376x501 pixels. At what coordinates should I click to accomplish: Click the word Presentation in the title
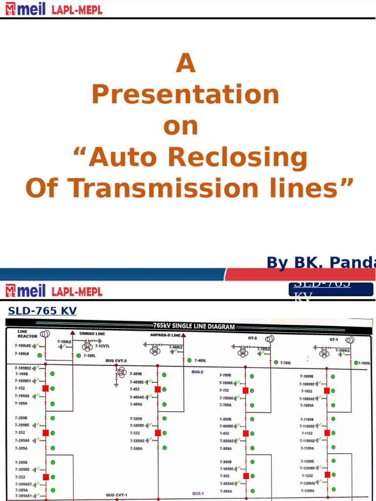(x=186, y=95)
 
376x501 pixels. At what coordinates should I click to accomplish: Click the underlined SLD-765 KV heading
(x=43, y=310)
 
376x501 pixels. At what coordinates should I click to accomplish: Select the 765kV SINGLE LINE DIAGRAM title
(x=194, y=326)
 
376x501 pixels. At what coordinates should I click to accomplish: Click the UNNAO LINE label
(x=92, y=334)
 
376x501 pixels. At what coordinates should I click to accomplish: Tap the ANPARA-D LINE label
(x=165, y=335)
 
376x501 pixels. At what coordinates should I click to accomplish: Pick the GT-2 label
(x=253, y=338)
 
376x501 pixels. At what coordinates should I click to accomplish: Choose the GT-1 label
(x=333, y=339)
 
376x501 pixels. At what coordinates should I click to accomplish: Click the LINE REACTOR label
(x=27, y=334)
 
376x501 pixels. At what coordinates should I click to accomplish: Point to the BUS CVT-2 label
(x=116, y=361)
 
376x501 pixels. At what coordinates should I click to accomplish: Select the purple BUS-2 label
(x=197, y=372)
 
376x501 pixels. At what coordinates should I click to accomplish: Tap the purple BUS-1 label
(x=198, y=494)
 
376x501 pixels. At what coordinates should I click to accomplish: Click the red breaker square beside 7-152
(x=46, y=388)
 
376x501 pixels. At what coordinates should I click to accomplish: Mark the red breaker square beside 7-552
(x=158, y=433)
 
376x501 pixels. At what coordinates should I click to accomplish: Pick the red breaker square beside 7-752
(x=246, y=390)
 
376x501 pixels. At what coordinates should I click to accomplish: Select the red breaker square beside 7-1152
(x=327, y=433)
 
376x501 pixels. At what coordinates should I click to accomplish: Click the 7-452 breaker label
(x=135, y=389)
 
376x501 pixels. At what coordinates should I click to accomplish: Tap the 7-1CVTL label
(x=102, y=345)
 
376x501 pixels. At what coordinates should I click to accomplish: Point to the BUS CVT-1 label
(x=117, y=495)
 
